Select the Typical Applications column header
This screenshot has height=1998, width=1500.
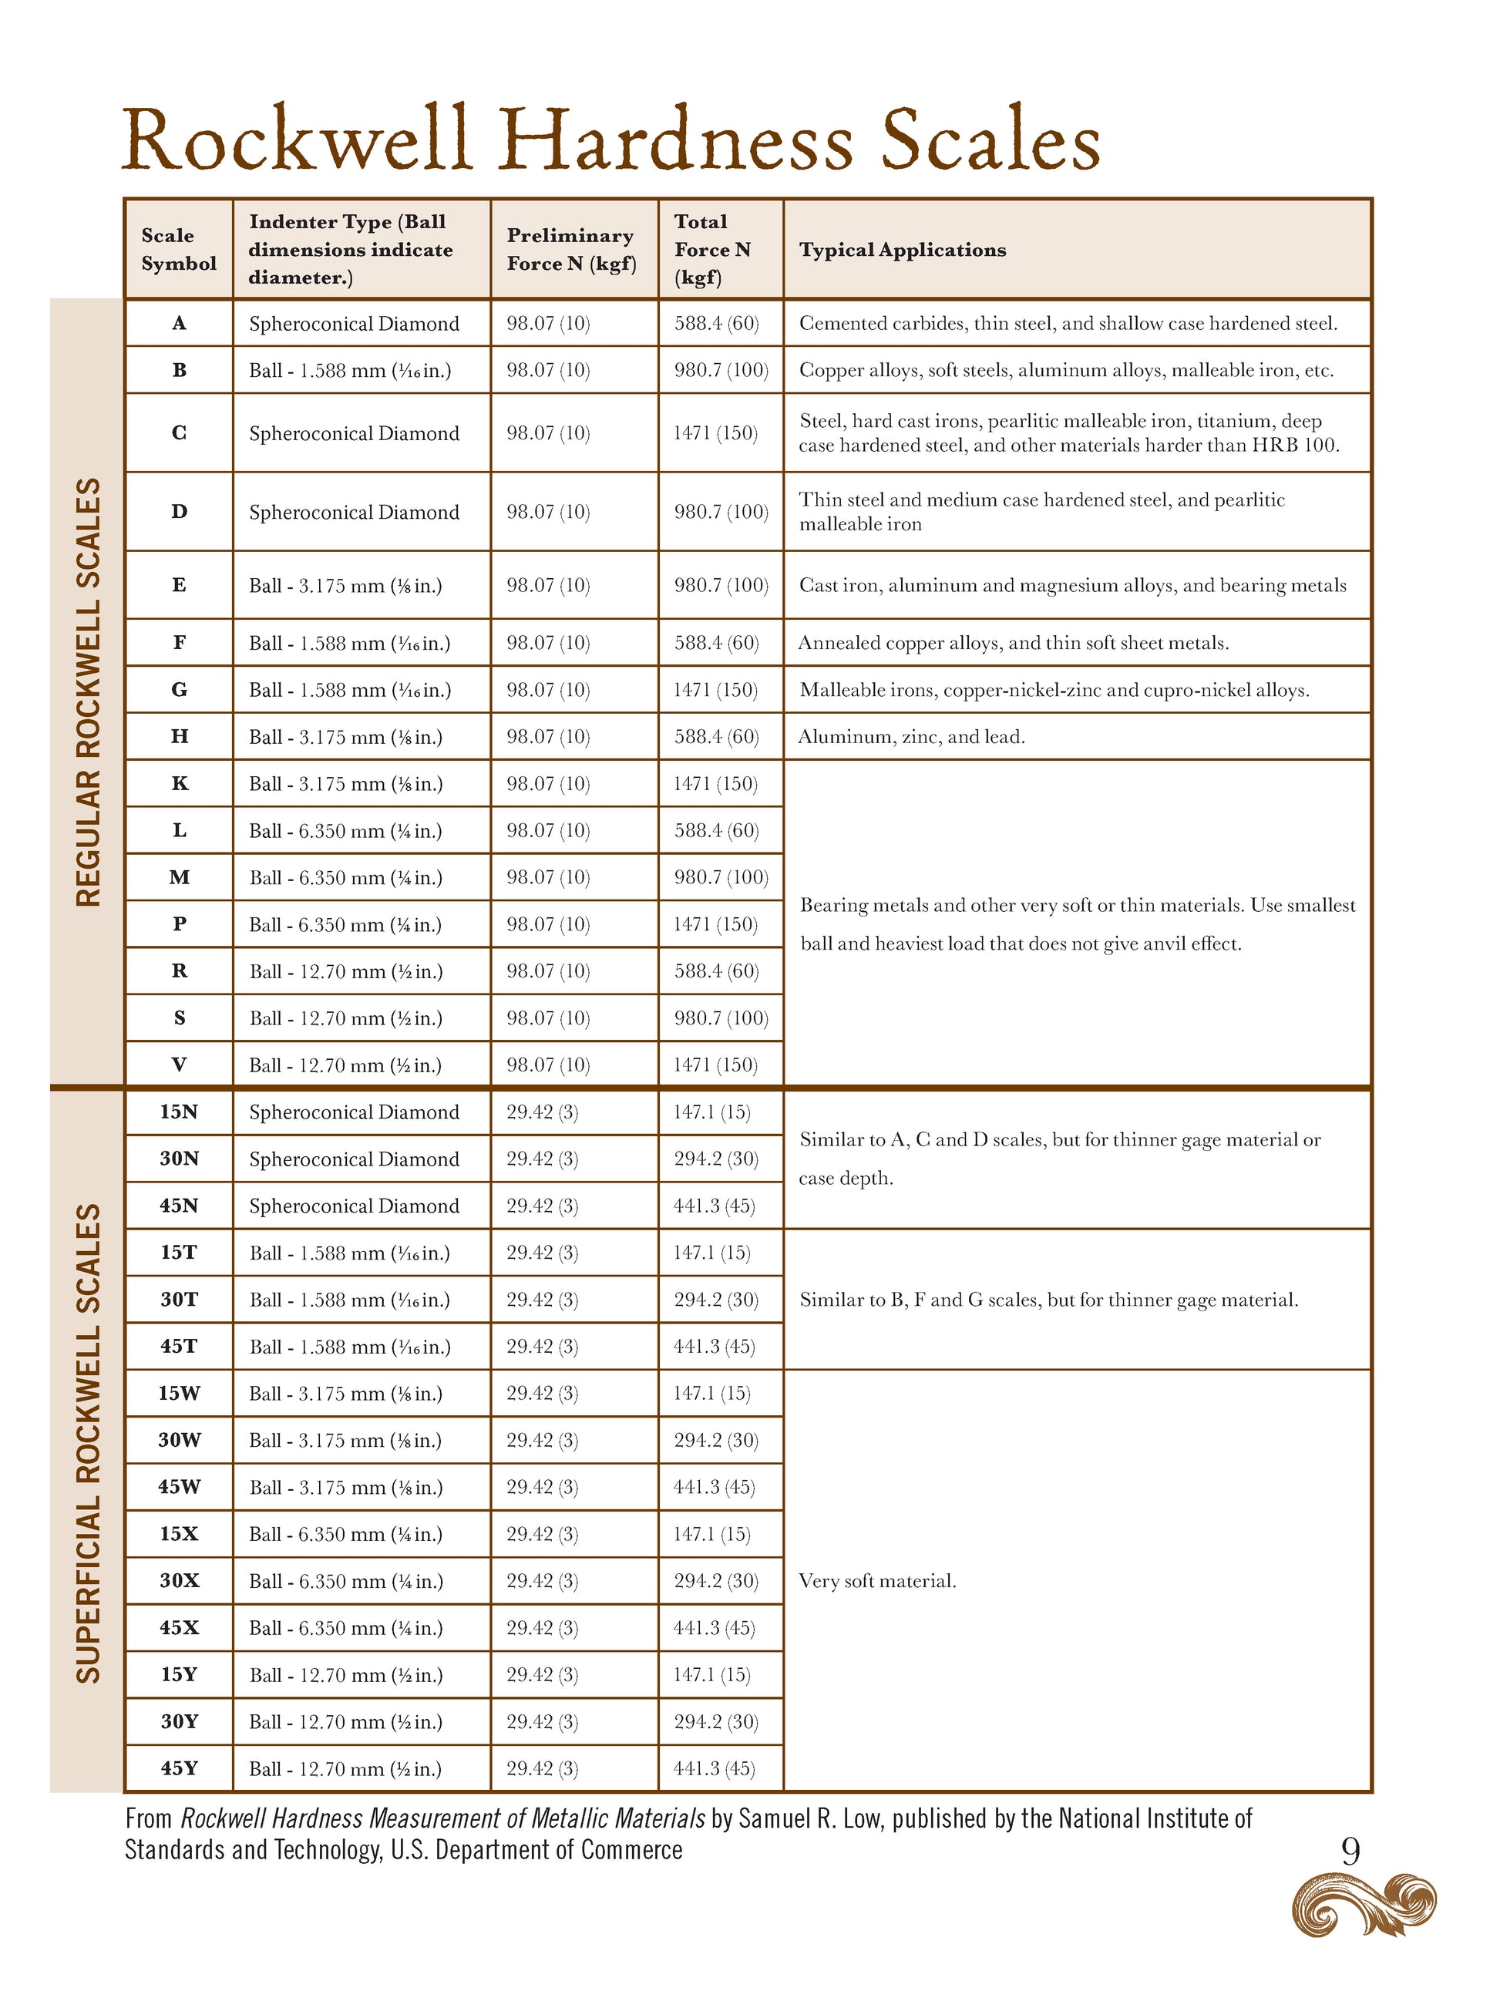[x=902, y=251]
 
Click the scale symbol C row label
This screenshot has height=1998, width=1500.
[x=179, y=432]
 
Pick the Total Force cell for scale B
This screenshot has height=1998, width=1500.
[x=721, y=370]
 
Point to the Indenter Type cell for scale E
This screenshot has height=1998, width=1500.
[x=346, y=585]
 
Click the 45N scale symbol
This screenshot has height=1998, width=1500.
[x=179, y=1206]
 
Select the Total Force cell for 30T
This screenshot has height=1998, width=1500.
[x=715, y=1300]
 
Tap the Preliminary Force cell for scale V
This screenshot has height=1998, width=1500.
[x=548, y=1065]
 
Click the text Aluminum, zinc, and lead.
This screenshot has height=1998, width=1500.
[x=911, y=737]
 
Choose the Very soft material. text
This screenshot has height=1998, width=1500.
[x=877, y=1581]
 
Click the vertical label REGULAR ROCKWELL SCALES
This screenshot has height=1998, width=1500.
[x=88, y=692]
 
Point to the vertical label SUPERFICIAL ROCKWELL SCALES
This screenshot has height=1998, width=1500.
[x=88, y=1442]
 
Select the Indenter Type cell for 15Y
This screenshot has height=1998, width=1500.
[x=346, y=1674]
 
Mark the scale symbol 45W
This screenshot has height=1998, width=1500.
[x=179, y=1487]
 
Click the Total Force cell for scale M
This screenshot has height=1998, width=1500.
[x=721, y=877]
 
